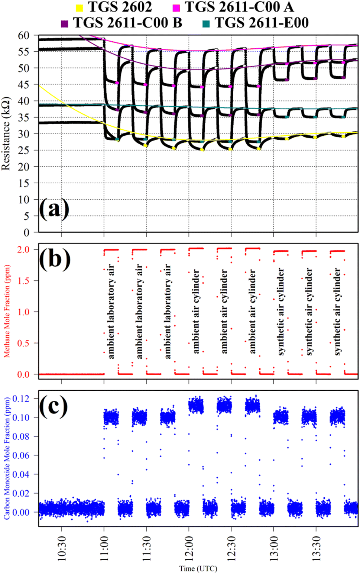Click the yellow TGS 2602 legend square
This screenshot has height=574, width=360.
(x=79, y=7)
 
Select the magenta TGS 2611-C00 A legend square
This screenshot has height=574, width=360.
(x=176, y=7)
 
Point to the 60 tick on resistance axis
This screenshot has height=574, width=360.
(x=23, y=35)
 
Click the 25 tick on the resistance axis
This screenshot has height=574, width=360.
(x=23, y=150)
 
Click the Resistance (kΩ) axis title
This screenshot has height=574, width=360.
(x=6, y=134)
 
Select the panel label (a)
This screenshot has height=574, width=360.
(x=54, y=209)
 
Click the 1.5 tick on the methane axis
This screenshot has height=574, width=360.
(x=23, y=281)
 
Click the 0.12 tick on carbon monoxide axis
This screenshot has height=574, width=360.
(x=21, y=399)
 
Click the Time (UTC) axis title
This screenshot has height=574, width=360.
(x=198, y=568)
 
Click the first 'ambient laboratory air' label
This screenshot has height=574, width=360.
(x=111, y=312)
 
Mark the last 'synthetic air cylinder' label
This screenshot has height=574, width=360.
(x=337, y=312)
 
